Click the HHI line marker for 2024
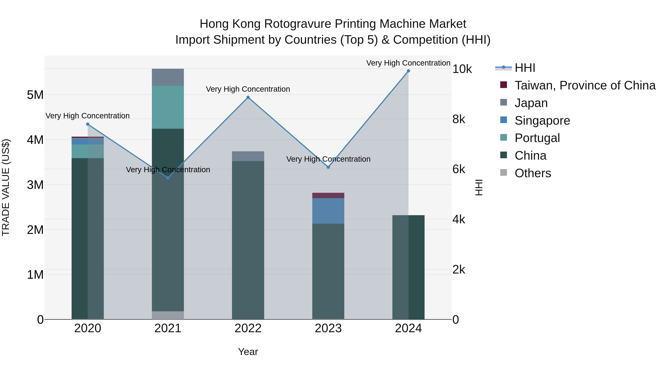[408, 71]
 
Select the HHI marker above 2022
[248, 97]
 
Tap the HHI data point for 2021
[168, 178]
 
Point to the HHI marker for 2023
[328, 167]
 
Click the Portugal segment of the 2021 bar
[168, 107]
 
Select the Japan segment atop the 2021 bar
[168, 77]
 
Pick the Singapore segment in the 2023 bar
[328, 211]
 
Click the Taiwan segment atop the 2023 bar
[328, 195]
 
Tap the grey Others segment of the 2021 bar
[168, 315]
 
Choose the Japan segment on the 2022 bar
[248, 156]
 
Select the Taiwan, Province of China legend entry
[585, 85]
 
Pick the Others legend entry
[533, 173]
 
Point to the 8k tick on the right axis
[459, 119]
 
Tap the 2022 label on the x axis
[248, 328]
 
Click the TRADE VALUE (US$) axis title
[6, 187]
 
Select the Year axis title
[248, 352]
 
